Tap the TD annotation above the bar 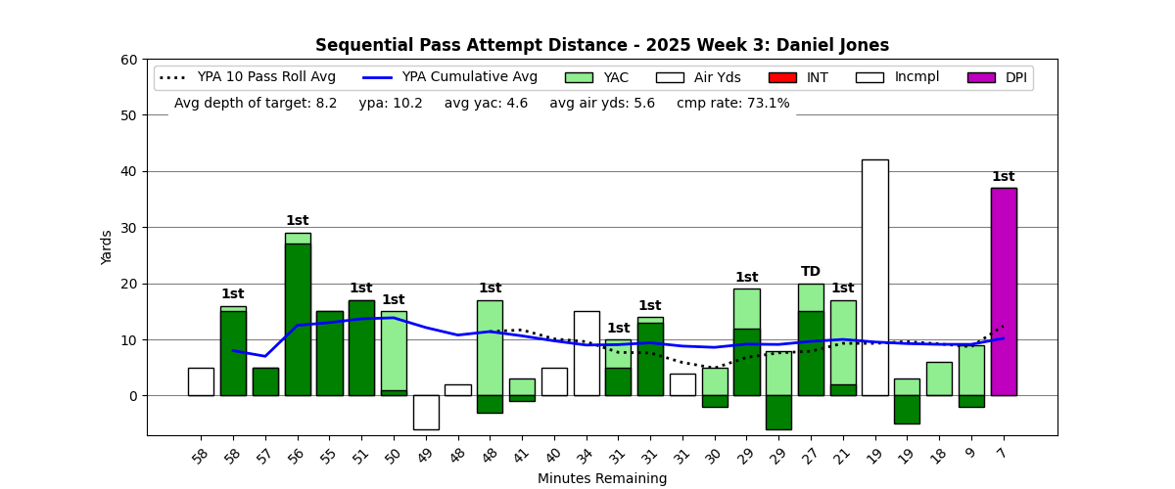811,272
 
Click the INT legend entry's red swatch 782,77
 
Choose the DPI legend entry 998,77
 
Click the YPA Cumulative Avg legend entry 449,77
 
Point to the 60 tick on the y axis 128,60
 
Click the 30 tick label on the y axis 128,228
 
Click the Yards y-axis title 107,247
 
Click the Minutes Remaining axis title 602,479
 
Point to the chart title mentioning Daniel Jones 602,46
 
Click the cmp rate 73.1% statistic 732,103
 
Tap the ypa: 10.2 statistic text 391,103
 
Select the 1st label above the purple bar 1004,177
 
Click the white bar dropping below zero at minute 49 426,412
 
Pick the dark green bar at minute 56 298,319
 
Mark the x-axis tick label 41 522,455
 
